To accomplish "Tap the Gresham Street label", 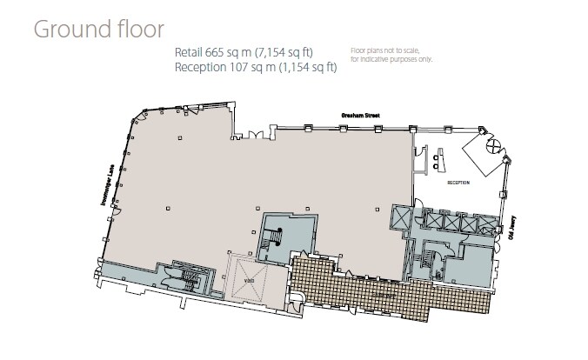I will click(357, 113).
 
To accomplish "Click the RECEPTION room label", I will click(458, 183).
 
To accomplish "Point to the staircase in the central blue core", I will click(276, 237).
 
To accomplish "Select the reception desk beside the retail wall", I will click(439, 158).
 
